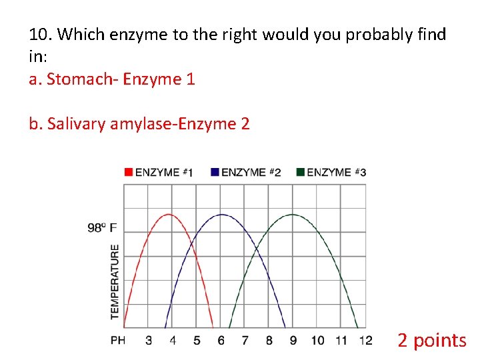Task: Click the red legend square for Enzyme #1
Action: (129, 172)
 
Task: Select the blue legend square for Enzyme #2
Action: (215, 172)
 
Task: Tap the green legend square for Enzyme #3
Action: (301, 172)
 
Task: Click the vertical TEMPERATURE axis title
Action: (115, 281)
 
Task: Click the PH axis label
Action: (118, 340)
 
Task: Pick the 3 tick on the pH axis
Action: (148, 340)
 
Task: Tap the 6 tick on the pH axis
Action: (221, 340)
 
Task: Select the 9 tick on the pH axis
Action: (293, 340)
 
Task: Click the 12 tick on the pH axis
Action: (365, 340)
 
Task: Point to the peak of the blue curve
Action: (221, 214)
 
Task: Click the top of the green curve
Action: (293, 214)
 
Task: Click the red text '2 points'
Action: (431, 340)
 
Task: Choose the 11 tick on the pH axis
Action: (341, 340)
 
